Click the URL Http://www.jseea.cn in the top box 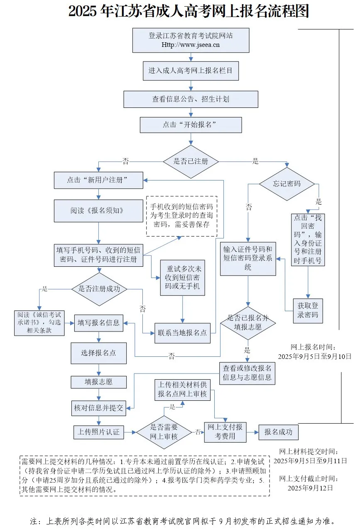point(191,45)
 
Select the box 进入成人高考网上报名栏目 point(191,71)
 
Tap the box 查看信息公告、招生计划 point(191,99)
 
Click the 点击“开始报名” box point(191,125)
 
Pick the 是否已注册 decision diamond point(191,161)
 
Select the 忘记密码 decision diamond point(287,183)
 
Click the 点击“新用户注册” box point(98,180)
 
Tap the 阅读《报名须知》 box point(98,211)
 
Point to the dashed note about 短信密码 point(181,215)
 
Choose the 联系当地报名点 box point(182,333)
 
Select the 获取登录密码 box point(308,310)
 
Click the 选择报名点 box point(98,353)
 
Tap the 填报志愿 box point(98,381)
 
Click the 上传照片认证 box point(98,432)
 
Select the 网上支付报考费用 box point(225,432)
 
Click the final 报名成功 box point(278,432)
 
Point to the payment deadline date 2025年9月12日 point(310,488)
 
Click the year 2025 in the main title point(83,12)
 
